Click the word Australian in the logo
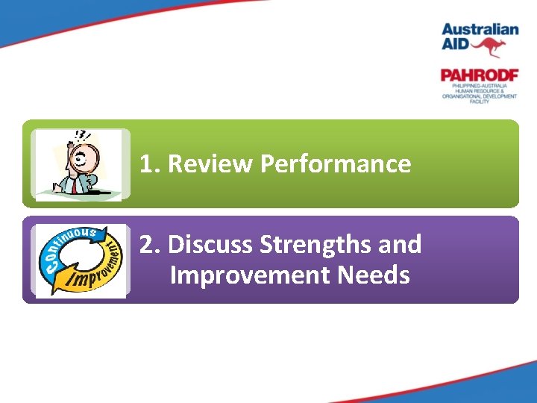[480, 30]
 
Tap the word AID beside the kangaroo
[456, 44]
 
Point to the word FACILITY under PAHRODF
[479, 101]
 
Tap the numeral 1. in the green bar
[150, 164]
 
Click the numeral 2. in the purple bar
[151, 244]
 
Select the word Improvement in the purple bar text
[250, 275]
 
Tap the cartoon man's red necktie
[74, 187]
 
